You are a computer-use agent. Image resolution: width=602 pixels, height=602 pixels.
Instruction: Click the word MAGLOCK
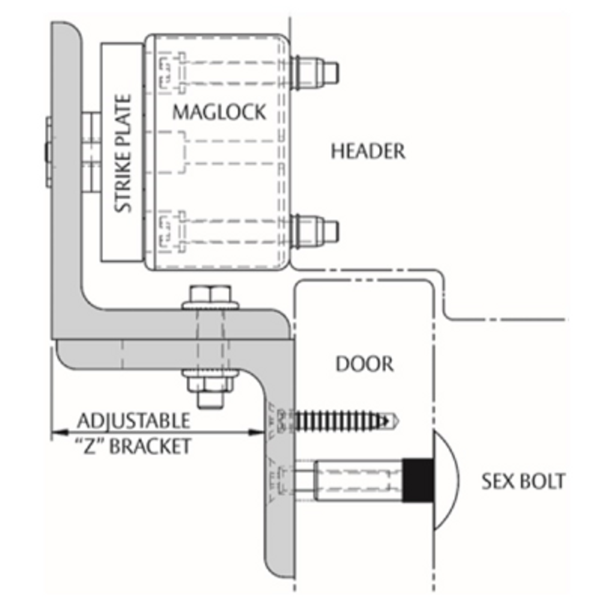click(x=219, y=112)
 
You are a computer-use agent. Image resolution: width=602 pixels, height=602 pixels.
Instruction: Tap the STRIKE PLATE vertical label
click(x=123, y=153)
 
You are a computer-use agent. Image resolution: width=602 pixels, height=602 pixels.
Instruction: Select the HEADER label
click(x=368, y=151)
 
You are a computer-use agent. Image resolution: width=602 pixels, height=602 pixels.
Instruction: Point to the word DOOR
click(x=364, y=364)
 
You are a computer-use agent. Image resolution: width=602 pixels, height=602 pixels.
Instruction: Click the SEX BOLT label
click(x=523, y=481)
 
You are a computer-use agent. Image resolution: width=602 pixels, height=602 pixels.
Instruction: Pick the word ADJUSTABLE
click(x=134, y=420)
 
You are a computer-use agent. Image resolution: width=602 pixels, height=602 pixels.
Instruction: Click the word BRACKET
click(x=150, y=446)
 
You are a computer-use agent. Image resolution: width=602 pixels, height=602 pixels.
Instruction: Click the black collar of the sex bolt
click(x=418, y=480)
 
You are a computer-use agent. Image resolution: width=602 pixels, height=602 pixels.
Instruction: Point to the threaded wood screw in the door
click(x=346, y=420)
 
